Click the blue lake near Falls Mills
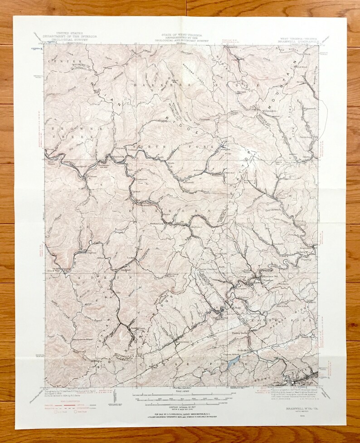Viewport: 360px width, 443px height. (x=234, y=360)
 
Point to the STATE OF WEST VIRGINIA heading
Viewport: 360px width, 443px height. (x=180, y=34)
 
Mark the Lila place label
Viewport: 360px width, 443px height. (x=119, y=294)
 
